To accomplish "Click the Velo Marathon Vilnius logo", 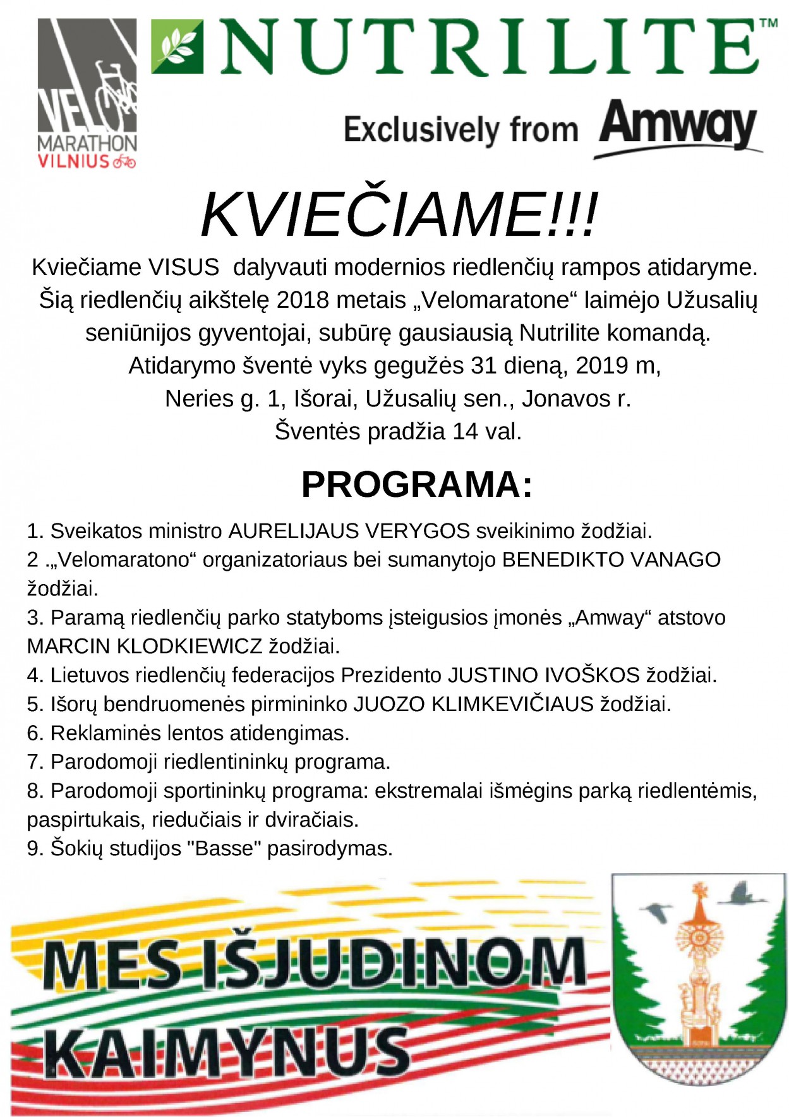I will [x=87, y=94].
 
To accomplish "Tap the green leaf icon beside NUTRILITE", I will [x=178, y=46].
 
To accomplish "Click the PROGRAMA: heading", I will [x=416, y=485].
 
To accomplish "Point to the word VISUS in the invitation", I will [x=184, y=267].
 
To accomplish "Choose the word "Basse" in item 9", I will [x=224, y=848].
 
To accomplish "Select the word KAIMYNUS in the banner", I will [x=227, y=1052].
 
